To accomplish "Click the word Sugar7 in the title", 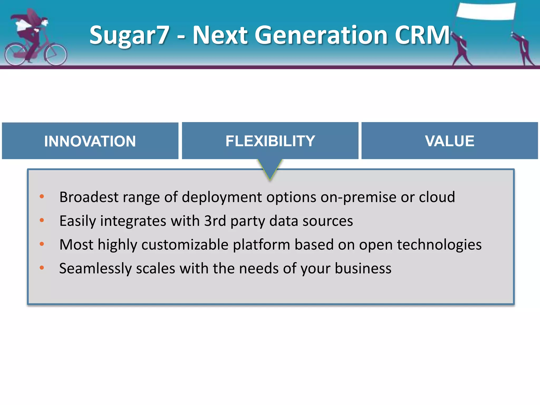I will coord(129,35).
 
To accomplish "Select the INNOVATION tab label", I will coord(90,141).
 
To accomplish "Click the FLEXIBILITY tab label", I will coord(270,141).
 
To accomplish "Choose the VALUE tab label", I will coord(450,141).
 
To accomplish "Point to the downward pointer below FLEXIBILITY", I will coord(270,169).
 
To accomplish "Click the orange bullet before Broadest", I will coord(42,196).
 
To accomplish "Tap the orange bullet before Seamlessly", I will coord(42,268).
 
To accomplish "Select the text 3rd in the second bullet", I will coord(215,221).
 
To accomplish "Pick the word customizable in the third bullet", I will coord(185,245).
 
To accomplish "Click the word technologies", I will coord(439,245).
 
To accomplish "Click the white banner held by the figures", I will coord(486,11).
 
